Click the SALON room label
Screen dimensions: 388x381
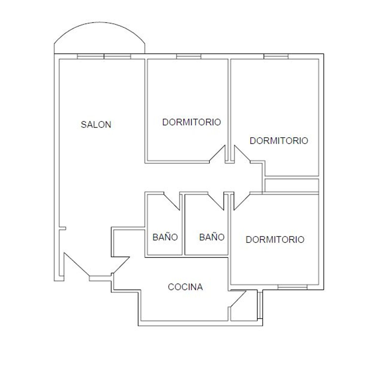[96, 124]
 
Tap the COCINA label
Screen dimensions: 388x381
[185, 287]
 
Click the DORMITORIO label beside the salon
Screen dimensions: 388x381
[191, 122]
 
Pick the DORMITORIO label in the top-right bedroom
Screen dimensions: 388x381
[279, 141]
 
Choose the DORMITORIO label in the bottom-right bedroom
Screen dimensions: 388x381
[275, 239]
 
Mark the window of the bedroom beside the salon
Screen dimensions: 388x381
[189, 56]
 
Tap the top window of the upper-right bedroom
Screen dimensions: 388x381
[276, 56]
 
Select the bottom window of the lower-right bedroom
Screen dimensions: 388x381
[293, 287]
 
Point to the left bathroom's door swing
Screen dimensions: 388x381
[172, 201]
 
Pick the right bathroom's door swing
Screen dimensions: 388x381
[216, 201]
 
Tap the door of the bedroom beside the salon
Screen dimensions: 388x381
[217, 154]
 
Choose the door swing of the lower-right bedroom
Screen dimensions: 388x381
[242, 201]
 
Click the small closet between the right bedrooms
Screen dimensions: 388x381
[292, 185]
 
